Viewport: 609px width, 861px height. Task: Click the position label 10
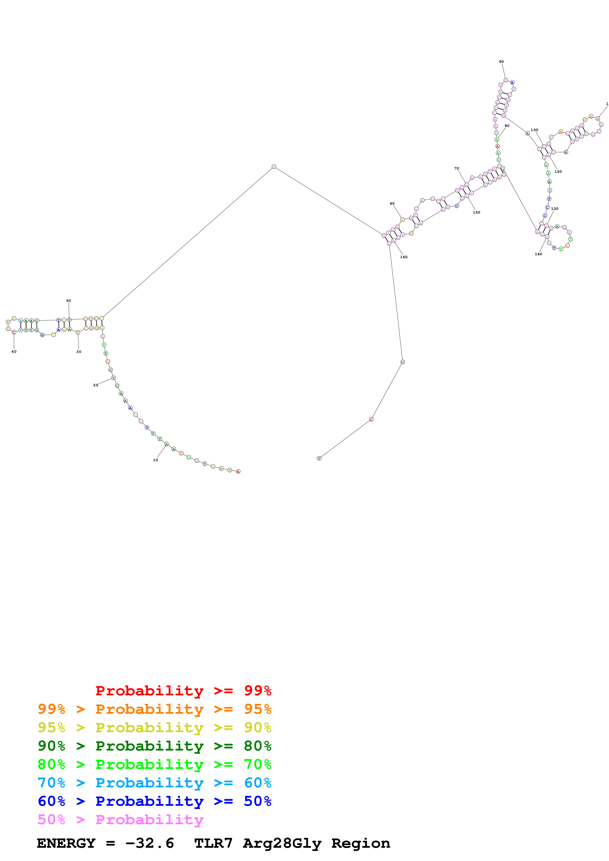155,460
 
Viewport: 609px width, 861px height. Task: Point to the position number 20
96,385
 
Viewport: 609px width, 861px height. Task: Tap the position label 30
79,352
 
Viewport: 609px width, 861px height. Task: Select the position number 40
14,352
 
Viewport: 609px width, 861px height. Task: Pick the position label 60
392,204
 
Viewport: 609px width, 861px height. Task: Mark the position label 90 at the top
501,62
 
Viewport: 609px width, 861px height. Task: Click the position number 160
404,257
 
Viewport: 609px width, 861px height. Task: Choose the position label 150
477,212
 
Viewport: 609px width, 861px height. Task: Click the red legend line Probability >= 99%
183,691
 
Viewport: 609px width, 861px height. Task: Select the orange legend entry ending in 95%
155,709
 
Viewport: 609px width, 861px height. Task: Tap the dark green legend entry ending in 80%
155,746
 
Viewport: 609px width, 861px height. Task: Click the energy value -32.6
149,843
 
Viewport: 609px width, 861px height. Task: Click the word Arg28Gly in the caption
282,843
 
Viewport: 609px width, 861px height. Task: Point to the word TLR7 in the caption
213,843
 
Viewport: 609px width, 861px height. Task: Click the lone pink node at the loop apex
274,166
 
